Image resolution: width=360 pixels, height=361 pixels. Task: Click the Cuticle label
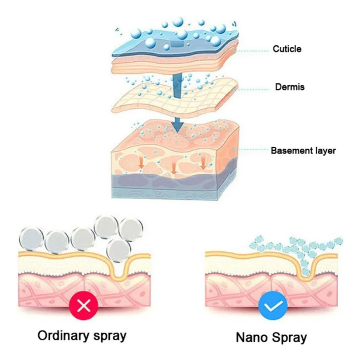point(287,49)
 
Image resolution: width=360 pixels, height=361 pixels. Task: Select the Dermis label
point(289,87)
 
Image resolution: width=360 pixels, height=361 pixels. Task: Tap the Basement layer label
point(303,151)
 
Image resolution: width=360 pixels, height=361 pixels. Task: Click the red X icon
point(82,305)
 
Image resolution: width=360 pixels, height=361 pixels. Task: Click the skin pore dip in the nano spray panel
point(306,271)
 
